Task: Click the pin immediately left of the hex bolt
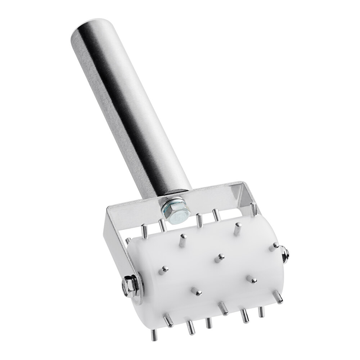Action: tap(161, 225)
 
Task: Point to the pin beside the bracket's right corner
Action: tap(255, 208)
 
